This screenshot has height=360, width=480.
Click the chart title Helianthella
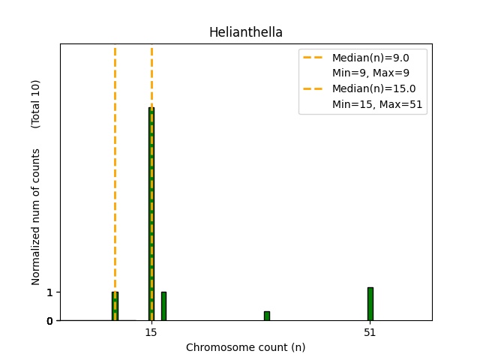point(245,32)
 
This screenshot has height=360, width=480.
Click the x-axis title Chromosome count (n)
point(245,347)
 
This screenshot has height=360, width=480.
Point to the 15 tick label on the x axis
point(151,332)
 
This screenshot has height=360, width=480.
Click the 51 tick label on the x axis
point(370,332)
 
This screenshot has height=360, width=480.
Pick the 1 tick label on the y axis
point(50,292)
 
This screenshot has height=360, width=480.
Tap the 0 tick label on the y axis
point(50,321)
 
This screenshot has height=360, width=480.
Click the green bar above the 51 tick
point(370,304)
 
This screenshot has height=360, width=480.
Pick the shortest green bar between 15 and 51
point(266,316)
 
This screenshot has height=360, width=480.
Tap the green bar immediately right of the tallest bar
point(163,306)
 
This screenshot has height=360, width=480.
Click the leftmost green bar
point(115,306)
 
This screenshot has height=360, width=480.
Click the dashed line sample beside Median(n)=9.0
point(315,58)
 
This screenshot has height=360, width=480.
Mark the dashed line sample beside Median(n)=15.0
point(315,88)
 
